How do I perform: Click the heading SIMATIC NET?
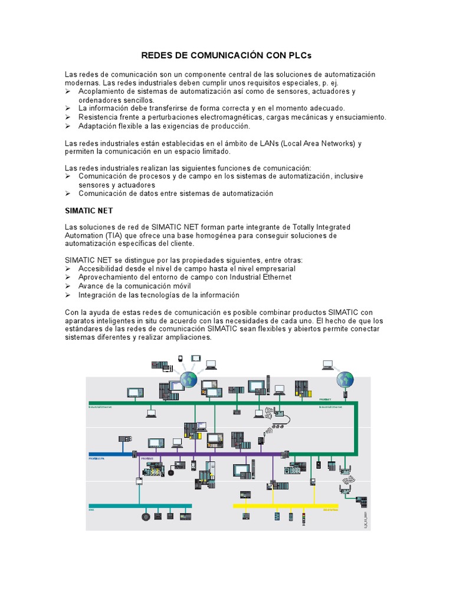point(88,211)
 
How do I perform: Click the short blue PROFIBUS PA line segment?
point(110,454)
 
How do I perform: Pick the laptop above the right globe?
point(327,365)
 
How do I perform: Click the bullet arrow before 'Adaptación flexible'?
point(68,126)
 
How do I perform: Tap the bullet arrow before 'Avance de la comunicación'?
point(68,286)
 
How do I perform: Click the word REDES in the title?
point(156,55)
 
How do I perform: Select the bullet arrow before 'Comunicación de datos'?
point(68,193)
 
